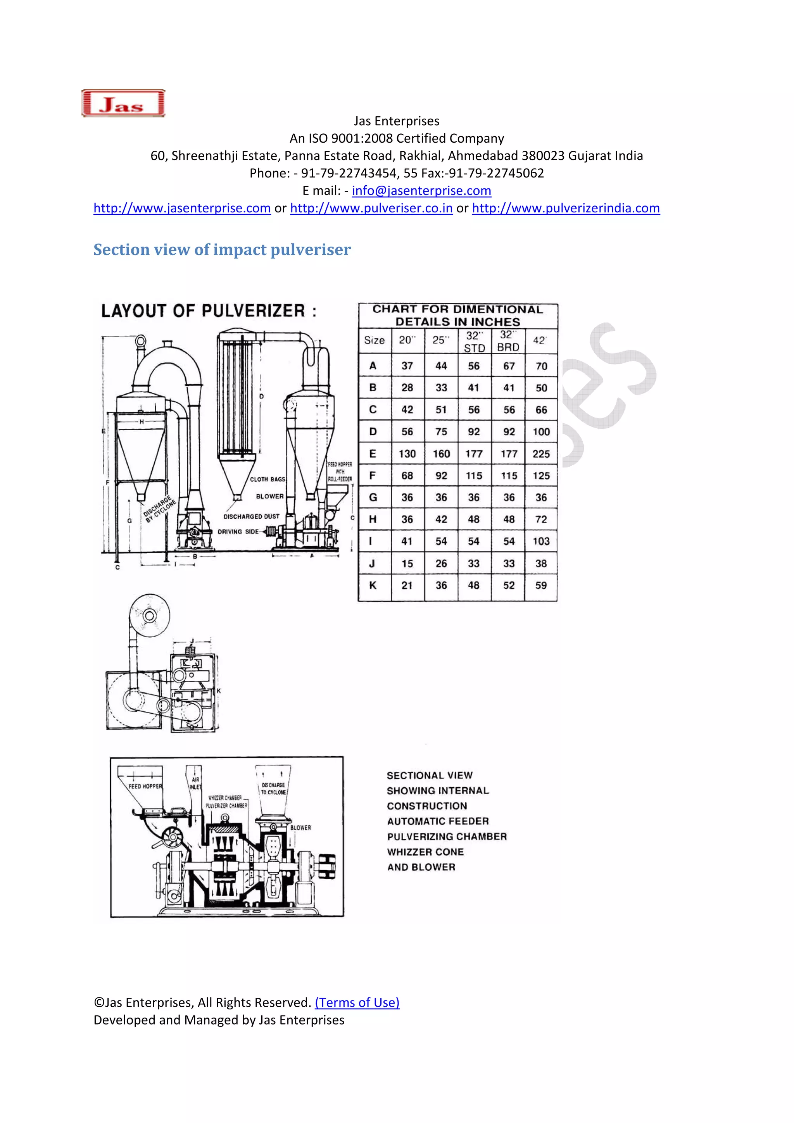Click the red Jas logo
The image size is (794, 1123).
[123, 103]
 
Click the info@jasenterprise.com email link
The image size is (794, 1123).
[421, 191]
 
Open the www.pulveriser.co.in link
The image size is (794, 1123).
[371, 209]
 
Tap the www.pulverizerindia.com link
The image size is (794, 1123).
[566, 209]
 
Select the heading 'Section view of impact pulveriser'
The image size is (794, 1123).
[222, 250]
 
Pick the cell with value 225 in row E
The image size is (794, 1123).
[540, 454]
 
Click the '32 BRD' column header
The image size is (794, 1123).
[508, 341]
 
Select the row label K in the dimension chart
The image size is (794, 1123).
[373, 585]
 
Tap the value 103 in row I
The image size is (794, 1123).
[540, 542]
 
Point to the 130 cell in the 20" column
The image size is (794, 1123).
[407, 454]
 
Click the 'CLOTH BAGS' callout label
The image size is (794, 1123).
[267, 480]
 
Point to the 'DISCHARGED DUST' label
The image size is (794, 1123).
[252, 516]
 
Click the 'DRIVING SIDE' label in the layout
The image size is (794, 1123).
[238, 532]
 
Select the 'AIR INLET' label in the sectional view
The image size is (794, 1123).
[195, 783]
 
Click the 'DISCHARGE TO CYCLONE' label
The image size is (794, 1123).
[273, 788]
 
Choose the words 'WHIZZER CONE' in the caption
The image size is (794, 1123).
[425, 852]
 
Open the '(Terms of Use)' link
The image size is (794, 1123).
[357, 1003]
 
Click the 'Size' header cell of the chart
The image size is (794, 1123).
[374, 340]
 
